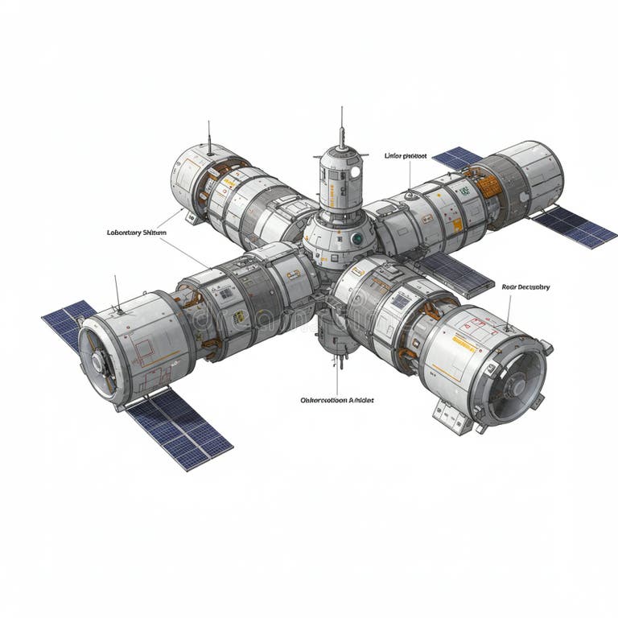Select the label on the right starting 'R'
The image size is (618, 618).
coord(525,286)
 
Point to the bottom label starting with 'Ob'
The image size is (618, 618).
coord(336,399)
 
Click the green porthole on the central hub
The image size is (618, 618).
coord(356,238)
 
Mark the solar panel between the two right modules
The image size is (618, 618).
coord(455,272)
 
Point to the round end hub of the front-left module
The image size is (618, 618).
coord(98,363)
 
